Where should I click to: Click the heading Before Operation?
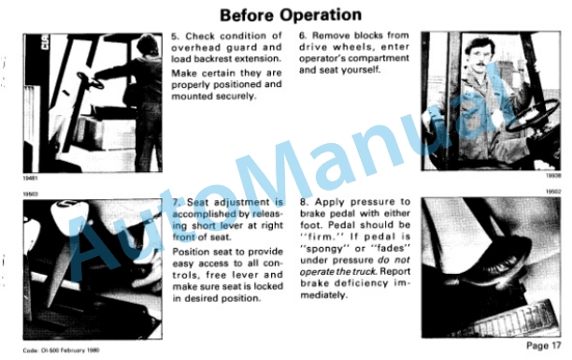point(291,15)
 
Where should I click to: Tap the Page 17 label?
point(543,346)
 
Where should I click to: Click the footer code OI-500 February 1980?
point(61,350)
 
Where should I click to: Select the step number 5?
point(175,36)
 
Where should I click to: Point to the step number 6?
point(303,36)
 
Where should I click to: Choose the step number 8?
point(304,202)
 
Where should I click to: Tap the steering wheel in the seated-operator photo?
point(534,116)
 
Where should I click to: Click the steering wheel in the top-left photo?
point(90,80)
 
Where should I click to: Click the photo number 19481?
point(30,179)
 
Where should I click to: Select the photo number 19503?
point(30,194)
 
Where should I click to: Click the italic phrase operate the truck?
point(337,272)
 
